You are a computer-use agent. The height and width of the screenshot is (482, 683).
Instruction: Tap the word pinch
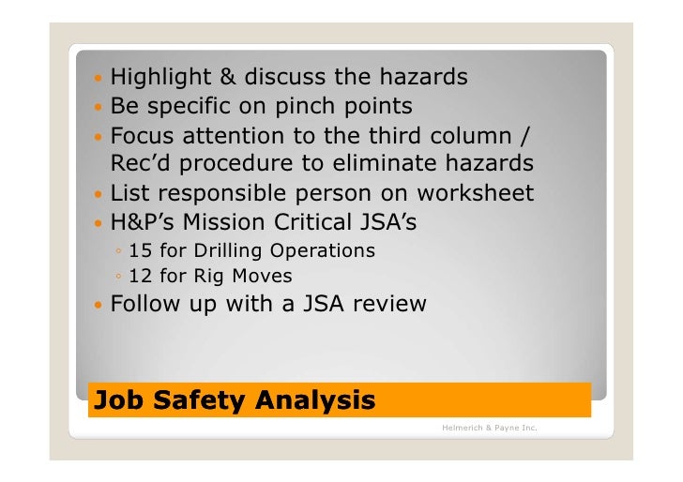pos(300,105)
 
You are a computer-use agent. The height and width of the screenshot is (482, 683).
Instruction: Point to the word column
pos(478,134)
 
